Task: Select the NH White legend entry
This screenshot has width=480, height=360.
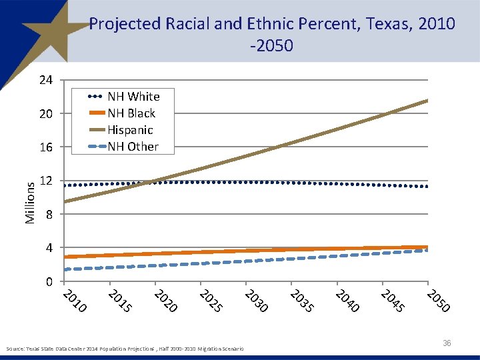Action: point(133,97)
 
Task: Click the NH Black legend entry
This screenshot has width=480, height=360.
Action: point(131,113)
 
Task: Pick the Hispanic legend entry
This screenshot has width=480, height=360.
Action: point(130,130)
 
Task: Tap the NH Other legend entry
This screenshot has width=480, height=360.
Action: point(133,147)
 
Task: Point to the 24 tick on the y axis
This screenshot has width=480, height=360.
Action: point(45,81)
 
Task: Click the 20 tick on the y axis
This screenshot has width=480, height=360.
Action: point(45,114)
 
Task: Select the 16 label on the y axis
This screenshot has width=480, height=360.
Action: point(45,147)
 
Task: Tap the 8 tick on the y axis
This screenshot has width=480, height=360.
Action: point(49,215)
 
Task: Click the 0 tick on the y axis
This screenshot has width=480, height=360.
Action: point(49,282)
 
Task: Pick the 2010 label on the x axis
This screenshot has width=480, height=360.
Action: point(75,301)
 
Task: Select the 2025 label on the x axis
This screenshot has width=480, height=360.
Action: point(211,301)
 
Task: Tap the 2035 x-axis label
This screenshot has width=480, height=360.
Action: point(303,301)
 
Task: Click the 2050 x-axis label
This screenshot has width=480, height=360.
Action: point(439,301)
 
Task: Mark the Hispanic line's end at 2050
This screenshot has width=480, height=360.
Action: point(428,101)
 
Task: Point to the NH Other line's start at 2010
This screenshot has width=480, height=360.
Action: point(64,269)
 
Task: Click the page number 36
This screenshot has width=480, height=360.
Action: point(447,343)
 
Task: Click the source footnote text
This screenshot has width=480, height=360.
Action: point(124,349)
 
